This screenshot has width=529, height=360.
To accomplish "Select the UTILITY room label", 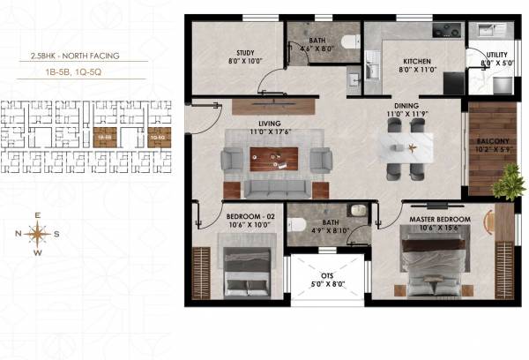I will [493, 53].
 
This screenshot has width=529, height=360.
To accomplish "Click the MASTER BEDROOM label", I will [438, 218].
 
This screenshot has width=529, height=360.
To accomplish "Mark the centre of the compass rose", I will [38, 234].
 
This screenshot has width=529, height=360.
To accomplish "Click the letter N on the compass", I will [18, 234].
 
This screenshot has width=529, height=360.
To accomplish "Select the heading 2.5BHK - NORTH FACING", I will [75, 56].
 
